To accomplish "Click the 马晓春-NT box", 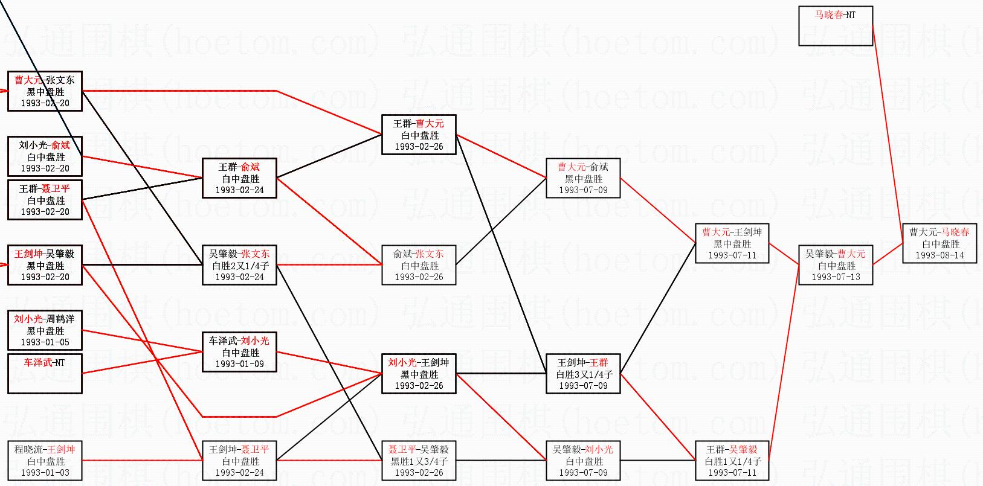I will [836, 26].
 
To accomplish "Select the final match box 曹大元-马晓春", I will [939, 243].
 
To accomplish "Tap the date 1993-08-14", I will [939, 255].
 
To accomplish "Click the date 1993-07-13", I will [836, 277].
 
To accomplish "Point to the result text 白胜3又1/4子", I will [584, 374].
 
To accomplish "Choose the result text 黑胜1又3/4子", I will [419, 461].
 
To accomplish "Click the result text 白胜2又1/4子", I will [240, 266].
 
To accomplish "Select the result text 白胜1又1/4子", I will [732, 461].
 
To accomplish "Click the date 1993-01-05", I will [45, 342].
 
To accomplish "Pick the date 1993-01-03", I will [45, 473].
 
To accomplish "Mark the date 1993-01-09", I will [240, 364].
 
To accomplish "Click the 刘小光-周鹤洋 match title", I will [45, 319].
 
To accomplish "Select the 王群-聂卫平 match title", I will [45, 189].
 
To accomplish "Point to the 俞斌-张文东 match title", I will [419, 254].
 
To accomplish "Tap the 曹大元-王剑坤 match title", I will [732, 232].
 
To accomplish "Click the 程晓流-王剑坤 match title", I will [45, 450].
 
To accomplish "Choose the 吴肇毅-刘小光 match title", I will [583, 450].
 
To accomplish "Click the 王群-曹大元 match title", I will [419, 124].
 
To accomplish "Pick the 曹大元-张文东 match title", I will [45, 80].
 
